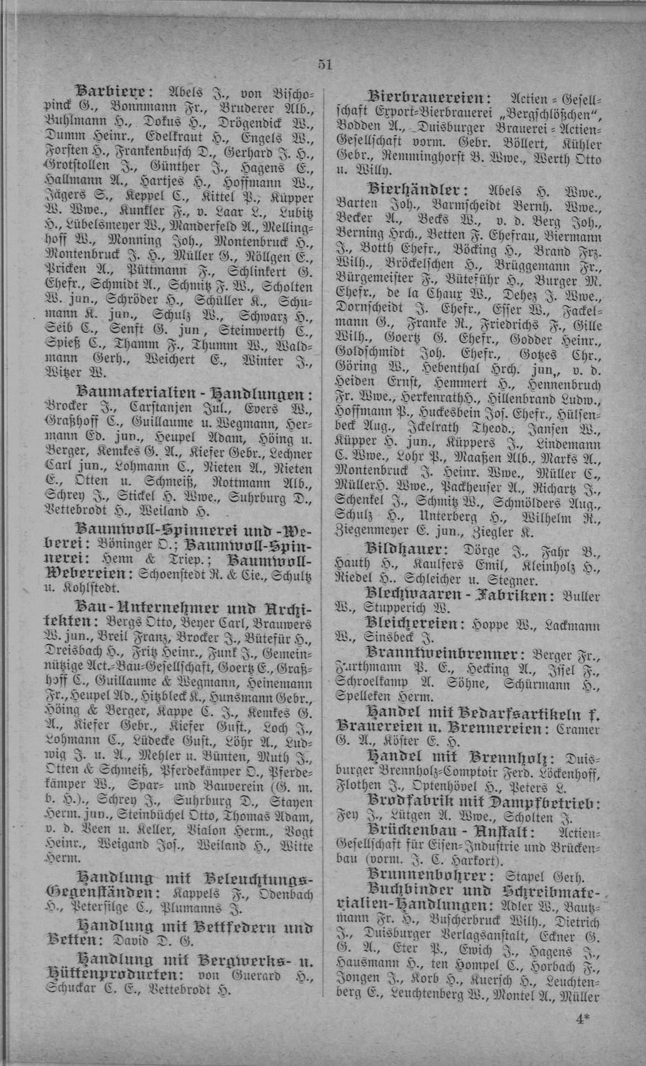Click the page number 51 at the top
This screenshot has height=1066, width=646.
(x=324, y=64)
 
